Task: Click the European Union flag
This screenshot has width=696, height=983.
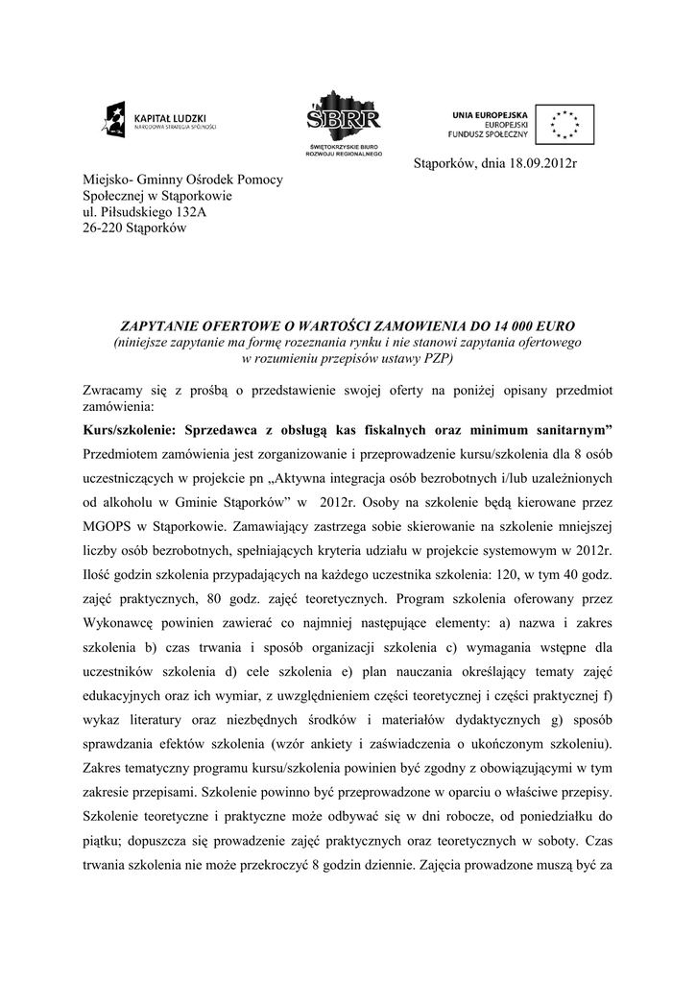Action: pyautogui.click(x=564, y=124)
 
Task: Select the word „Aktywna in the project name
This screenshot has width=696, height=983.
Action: pyautogui.click(x=315, y=478)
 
